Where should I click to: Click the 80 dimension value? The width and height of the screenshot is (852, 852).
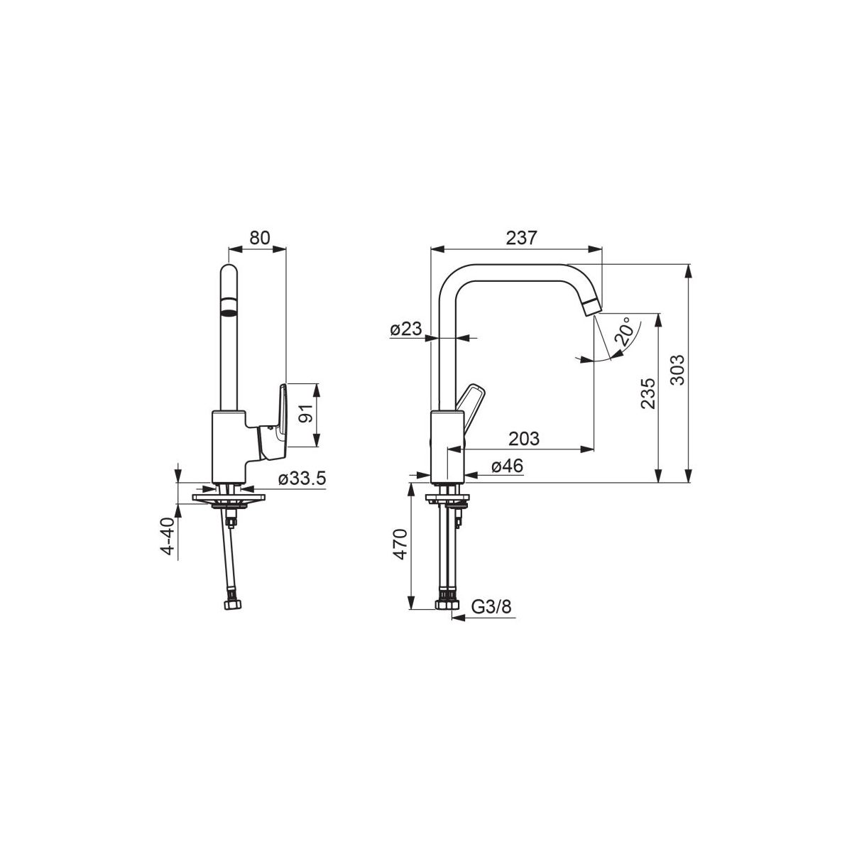coord(260,238)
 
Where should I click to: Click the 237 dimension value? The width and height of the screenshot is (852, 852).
coord(522,238)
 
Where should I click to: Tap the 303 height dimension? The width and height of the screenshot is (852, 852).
coord(677,370)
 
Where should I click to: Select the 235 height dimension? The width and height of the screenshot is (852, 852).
coord(648,393)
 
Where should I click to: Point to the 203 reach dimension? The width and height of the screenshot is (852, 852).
coord(524,439)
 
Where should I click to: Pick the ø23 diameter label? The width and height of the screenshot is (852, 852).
coord(406,329)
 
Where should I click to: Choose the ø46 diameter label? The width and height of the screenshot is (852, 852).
coord(507,466)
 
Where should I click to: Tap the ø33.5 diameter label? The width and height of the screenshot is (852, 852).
coord(302,478)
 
